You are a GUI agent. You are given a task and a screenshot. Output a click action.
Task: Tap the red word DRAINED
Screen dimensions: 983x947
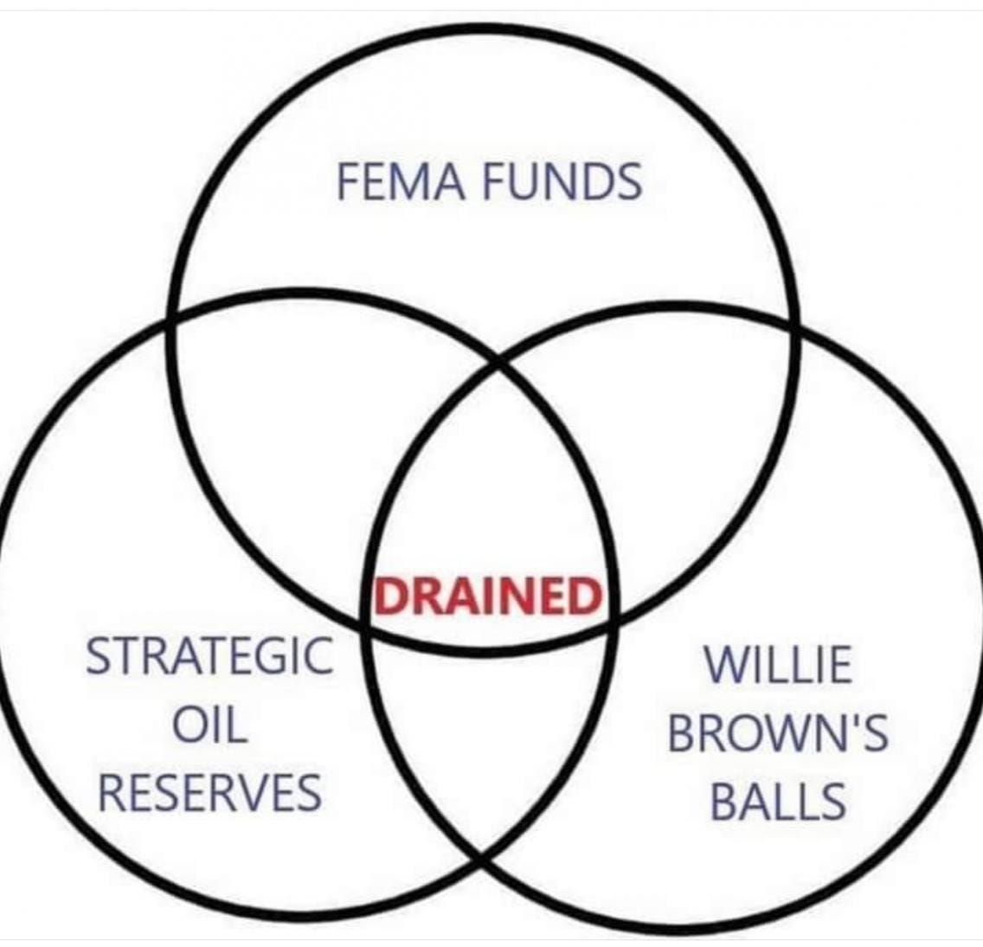[x=487, y=596]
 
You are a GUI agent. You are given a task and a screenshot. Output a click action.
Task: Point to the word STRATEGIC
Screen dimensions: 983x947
[x=209, y=655]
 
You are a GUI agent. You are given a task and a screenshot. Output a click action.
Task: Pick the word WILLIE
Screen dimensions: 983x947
[x=777, y=665]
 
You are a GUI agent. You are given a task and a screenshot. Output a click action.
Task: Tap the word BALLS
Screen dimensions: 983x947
[x=777, y=802]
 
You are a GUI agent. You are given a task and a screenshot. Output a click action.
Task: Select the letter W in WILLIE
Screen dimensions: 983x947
[x=722, y=665]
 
